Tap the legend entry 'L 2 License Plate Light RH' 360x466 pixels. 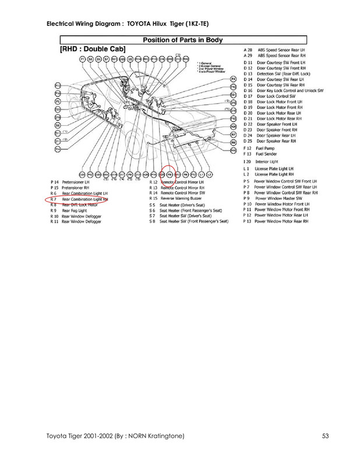click(277, 174)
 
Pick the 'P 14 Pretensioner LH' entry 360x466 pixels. click(73, 182)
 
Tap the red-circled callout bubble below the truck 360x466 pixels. click(169, 174)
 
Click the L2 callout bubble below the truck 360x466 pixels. click(209, 174)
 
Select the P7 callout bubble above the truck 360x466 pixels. click(82, 60)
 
